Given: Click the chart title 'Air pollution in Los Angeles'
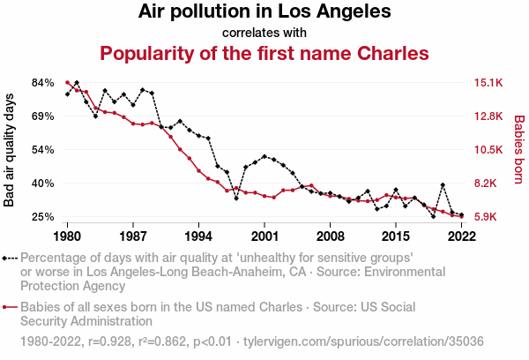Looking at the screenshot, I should point(264,13).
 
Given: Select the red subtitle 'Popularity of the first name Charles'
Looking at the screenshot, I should point(264,53).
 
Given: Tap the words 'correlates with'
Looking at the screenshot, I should point(264,33).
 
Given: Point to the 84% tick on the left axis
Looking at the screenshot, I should point(43,83).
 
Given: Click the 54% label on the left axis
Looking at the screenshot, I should point(43,150).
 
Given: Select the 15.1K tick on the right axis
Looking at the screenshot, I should point(488,83).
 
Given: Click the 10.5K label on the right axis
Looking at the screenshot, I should point(488,150).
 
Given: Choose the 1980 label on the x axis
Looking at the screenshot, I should point(67,236).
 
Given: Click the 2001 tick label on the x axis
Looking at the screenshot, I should point(264,236).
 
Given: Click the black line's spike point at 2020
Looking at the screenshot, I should point(443,185).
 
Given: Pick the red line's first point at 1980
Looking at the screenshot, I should point(67,82).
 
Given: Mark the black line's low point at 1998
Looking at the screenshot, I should point(236,199).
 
